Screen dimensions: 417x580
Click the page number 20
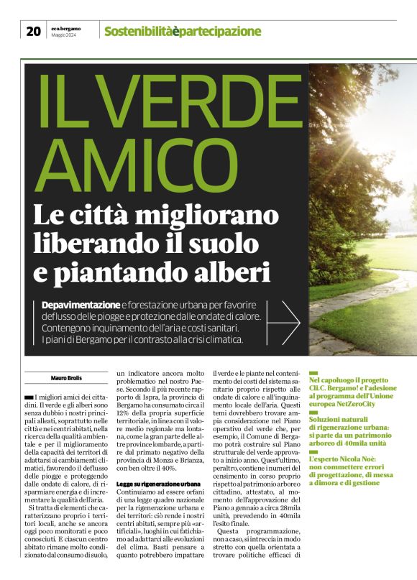(x=33, y=31)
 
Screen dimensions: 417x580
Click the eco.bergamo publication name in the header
(x=65, y=28)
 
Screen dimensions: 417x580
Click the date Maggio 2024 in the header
(x=65, y=34)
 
